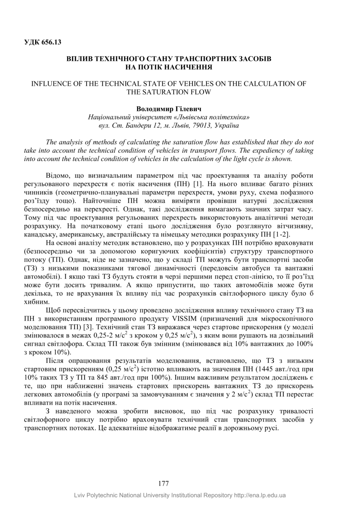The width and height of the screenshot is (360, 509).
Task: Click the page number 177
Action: (x=163, y=483)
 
